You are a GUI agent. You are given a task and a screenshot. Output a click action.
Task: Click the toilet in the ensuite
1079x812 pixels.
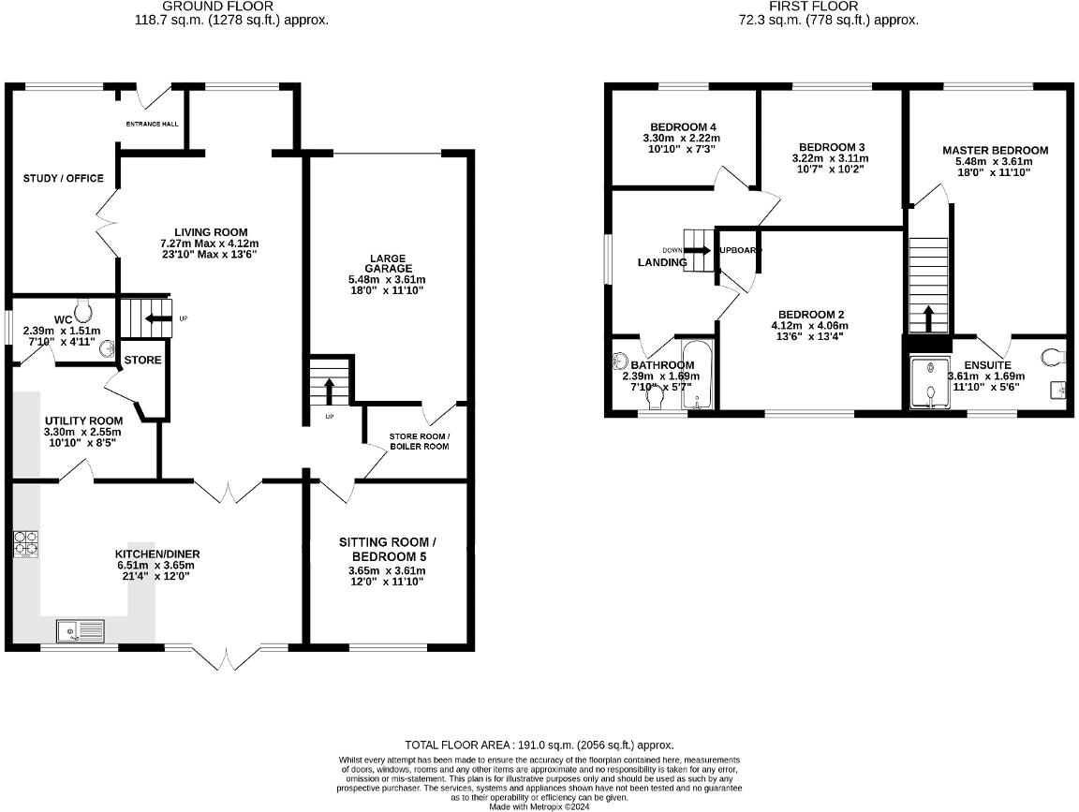1055,355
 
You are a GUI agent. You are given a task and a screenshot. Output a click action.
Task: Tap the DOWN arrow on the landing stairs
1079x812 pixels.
697,250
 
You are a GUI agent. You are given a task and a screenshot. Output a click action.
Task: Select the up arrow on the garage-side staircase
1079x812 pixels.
329,388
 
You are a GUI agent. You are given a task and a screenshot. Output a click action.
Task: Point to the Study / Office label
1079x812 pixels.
64,179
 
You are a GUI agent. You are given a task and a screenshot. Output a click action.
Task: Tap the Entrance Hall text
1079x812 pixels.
152,124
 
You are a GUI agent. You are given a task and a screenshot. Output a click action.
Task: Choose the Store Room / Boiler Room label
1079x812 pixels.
420,441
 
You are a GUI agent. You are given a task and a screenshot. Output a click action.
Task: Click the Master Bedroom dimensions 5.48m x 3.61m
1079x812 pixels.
995,161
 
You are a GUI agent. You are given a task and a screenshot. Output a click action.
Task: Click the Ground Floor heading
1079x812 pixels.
230,7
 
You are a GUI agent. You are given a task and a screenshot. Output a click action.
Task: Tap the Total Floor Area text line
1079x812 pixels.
539,745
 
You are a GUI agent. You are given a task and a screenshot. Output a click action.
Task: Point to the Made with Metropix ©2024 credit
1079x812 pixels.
539,805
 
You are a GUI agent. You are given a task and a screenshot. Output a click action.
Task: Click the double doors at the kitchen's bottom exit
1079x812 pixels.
224,657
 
